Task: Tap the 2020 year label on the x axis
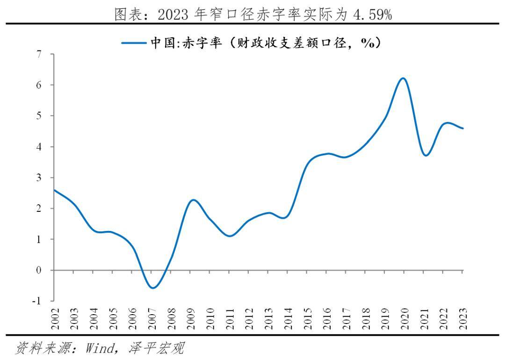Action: coord(404,317)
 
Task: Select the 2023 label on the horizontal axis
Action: coord(463,317)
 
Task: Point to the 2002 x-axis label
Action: coord(55,317)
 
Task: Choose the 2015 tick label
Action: coord(308,317)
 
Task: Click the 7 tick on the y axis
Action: coord(39,54)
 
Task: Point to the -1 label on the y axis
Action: coord(36,301)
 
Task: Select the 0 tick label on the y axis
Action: coord(39,270)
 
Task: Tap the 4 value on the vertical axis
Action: coord(39,147)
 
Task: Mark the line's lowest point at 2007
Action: coord(152,288)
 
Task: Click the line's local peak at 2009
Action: coord(192,200)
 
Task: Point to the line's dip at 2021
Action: coord(425,155)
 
